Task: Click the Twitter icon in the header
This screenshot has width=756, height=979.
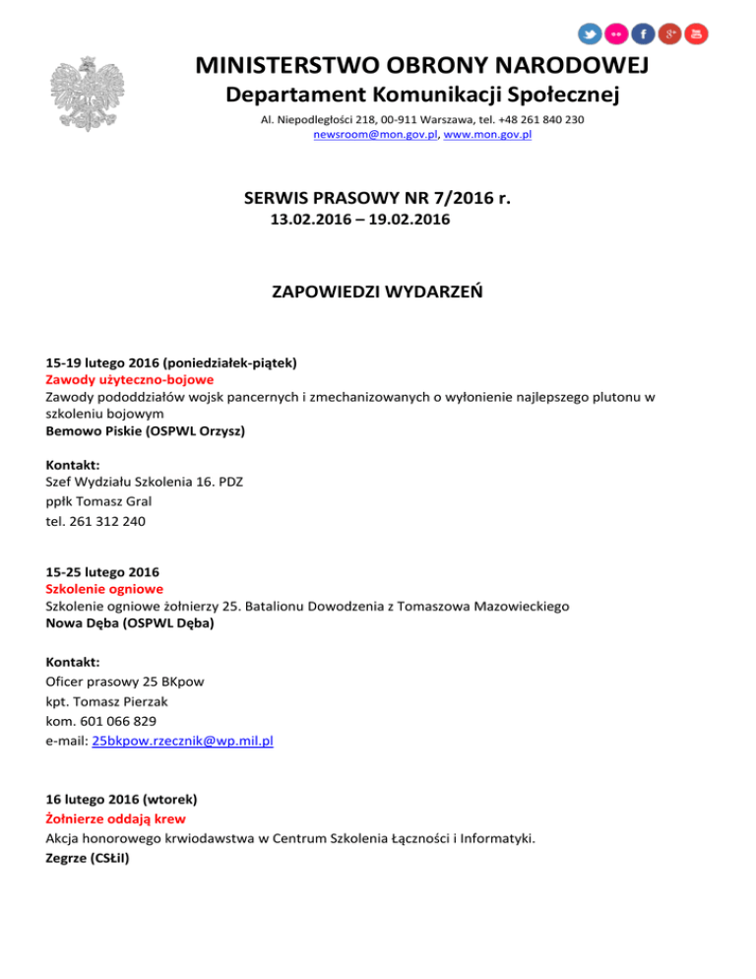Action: (x=589, y=33)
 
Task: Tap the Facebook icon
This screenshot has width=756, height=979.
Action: (x=643, y=33)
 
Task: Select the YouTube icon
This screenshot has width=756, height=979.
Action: (x=697, y=33)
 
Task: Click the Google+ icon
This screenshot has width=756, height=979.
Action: (x=670, y=33)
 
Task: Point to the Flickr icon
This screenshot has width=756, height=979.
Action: (x=616, y=33)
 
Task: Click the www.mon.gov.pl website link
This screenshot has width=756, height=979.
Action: (x=488, y=134)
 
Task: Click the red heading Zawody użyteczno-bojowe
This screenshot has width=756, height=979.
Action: (x=130, y=378)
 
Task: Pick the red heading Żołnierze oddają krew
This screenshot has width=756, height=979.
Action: (x=115, y=818)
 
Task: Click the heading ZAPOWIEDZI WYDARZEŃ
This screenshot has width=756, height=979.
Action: (x=377, y=293)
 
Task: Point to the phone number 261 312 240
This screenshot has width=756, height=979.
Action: (x=108, y=522)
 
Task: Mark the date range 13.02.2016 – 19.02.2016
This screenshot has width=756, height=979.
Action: (x=360, y=222)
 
